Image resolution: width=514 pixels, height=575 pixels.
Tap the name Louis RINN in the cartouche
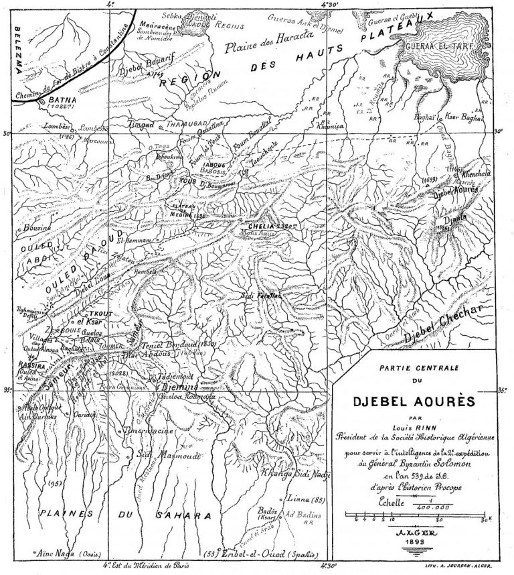(x=416, y=427)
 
